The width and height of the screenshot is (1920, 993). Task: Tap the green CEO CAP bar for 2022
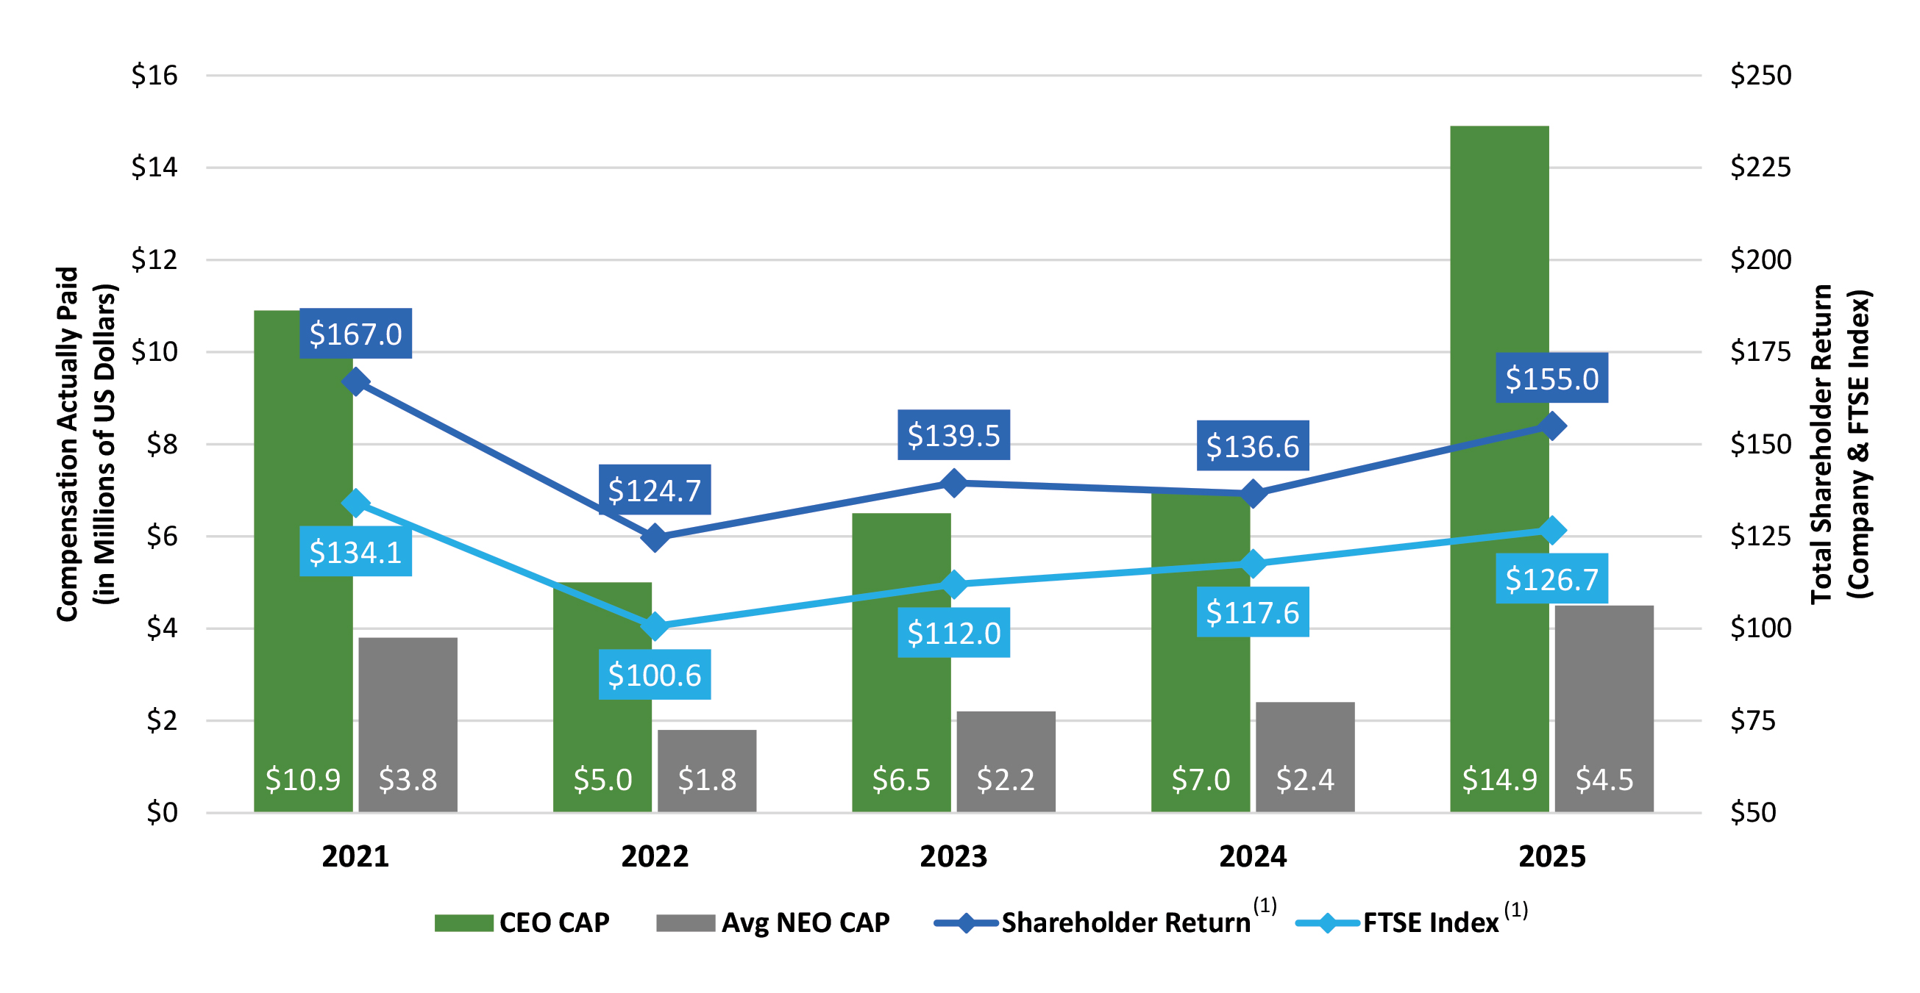[602, 693]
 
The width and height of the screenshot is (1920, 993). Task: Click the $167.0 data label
[355, 334]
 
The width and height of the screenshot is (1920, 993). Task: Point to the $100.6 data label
[655, 675]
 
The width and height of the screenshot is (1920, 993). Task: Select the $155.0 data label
[1551, 379]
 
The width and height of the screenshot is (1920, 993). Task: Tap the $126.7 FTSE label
[1551, 578]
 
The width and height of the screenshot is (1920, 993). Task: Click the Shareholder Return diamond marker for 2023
[954, 484]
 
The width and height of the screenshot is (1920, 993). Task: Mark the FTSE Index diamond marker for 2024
[1253, 564]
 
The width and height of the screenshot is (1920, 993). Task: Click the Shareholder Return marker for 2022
[655, 537]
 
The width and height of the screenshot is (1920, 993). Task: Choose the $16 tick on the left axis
[154, 75]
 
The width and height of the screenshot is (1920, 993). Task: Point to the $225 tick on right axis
[1760, 167]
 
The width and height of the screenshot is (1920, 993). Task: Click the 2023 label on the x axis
[953, 857]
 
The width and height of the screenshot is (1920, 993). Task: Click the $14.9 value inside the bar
[1499, 780]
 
